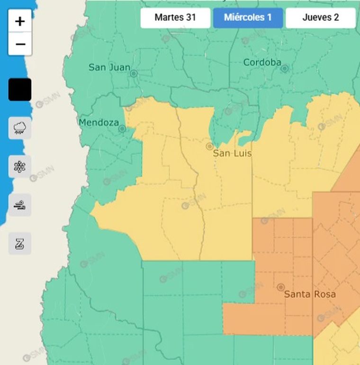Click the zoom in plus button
(x=20, y=21)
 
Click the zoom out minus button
(x=20, y=44)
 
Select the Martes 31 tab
(x=175, y=18)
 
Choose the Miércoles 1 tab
(x=248, y=18)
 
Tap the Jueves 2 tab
(x=321, y=18)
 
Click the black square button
(x=20, y=90)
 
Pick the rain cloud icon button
(x=20, y=128)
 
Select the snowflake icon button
(x=20, y=166)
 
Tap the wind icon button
(x=20, y=205)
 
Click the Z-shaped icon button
(x=20, y=244)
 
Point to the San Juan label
(x=109, y=67)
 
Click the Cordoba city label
(x=262, y=62)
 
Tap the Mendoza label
(x=99, y=123)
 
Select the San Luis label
(x=232, y=153)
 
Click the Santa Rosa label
(x=310, y=294)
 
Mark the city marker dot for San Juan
(x=134, y=73)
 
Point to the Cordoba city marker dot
(x=284, y=68)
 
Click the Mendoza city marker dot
(x=122, y=128)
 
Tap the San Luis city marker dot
(x=209, y=146)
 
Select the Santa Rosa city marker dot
(x=281, y=287)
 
